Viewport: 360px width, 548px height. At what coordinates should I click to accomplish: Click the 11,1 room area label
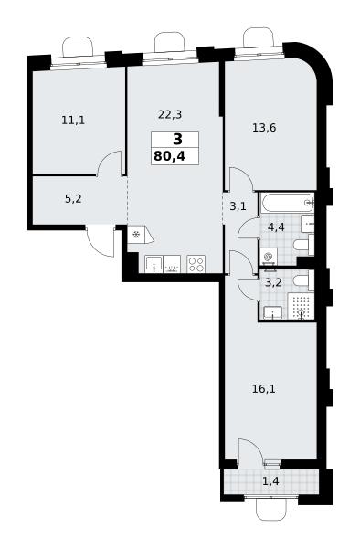coord(73,121)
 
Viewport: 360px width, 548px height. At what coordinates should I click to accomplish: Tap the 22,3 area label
coord(170,114)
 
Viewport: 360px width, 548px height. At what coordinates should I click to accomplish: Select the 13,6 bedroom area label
coord(264,128)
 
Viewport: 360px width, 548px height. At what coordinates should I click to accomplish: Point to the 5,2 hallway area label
coord(73,199)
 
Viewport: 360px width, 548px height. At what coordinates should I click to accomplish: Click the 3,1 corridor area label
coord(238,206)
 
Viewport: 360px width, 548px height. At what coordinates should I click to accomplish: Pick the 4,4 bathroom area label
coord(276,227)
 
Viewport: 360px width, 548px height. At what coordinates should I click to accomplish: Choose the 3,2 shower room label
coord(273,282)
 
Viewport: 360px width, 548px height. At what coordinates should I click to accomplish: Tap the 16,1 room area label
coord(264,389)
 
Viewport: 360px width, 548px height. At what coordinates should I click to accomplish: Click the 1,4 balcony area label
coord(270,481)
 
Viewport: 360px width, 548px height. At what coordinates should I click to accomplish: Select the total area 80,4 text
coord(170,156)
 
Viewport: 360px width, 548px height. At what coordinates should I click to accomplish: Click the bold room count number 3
coord(177,140)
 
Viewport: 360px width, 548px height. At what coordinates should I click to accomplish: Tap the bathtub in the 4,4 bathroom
coord(287,203)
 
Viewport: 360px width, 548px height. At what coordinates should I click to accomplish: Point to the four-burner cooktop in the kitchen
coord(196,264)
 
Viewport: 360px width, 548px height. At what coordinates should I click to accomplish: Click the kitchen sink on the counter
coord(154,264)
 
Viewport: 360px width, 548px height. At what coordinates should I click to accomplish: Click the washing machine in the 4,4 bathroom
coord(269,257)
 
